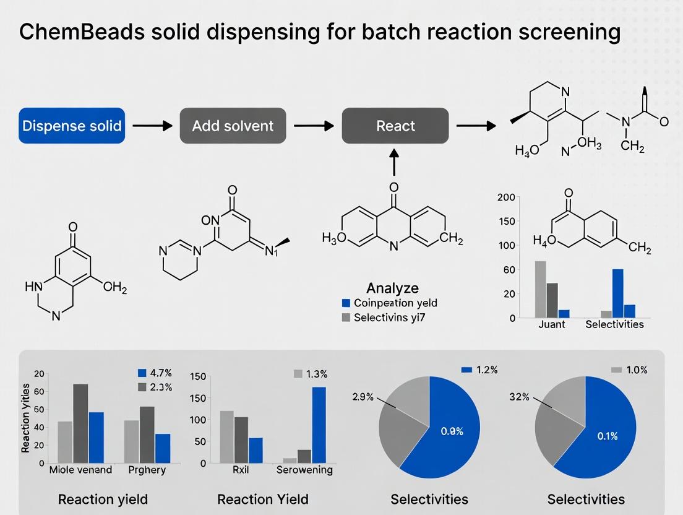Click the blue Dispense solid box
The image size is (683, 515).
point(72,126)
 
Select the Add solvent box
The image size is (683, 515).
point(233,126)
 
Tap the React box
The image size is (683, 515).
point(395,126)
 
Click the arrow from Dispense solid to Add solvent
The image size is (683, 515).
point(152,126)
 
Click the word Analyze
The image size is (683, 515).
point(392,288)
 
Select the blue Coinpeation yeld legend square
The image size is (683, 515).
point(346,303)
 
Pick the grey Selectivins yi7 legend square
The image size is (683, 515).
point(346,318)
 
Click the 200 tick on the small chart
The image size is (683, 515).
point(506,198)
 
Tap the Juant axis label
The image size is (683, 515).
point(551,324)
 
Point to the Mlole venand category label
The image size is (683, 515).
point(80,469)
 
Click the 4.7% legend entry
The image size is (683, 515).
point(154,373)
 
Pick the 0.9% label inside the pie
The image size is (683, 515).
point(452,431)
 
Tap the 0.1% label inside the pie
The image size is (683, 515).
point(608,436)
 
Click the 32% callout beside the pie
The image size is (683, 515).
point(519,397)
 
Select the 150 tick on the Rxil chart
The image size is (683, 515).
point(197,377)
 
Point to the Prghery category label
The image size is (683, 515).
point(147,469)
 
